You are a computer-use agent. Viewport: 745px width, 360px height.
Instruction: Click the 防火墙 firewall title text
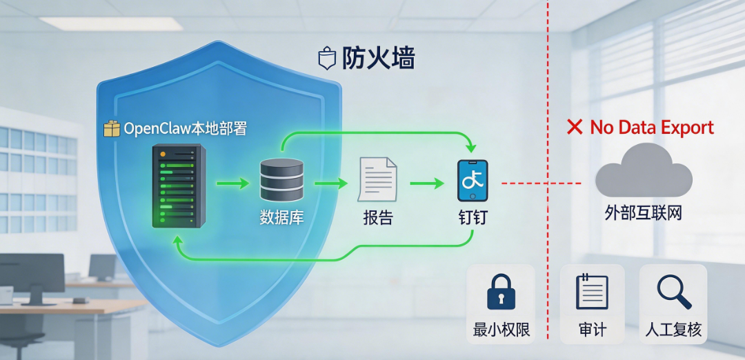click(379, 59)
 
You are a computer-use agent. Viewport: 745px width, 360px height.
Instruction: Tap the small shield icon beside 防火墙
click(326, 59)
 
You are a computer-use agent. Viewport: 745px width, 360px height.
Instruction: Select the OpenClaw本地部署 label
click(185, 129)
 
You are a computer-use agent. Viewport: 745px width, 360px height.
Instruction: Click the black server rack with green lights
click(177, 186)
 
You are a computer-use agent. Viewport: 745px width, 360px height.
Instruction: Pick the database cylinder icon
click(281, 180)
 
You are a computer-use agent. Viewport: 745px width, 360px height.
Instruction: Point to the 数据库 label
click(281, 217)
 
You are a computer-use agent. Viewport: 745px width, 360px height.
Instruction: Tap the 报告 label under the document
click(377, 218)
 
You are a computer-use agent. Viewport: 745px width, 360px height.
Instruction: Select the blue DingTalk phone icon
click(473, 181)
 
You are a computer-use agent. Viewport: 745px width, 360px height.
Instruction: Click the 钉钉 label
click(473, 218)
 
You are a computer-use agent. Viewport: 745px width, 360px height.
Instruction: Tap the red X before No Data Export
click(575, 127)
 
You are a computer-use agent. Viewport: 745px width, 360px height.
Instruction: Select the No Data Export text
click(652, 128)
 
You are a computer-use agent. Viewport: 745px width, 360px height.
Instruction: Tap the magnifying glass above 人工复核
click(673, 291)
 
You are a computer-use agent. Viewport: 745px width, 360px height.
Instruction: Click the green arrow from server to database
click(232, 183)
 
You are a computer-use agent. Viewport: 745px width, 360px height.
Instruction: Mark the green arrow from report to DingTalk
click(427, 183)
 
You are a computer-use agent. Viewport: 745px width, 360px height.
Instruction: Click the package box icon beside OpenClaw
click(111, 129)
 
